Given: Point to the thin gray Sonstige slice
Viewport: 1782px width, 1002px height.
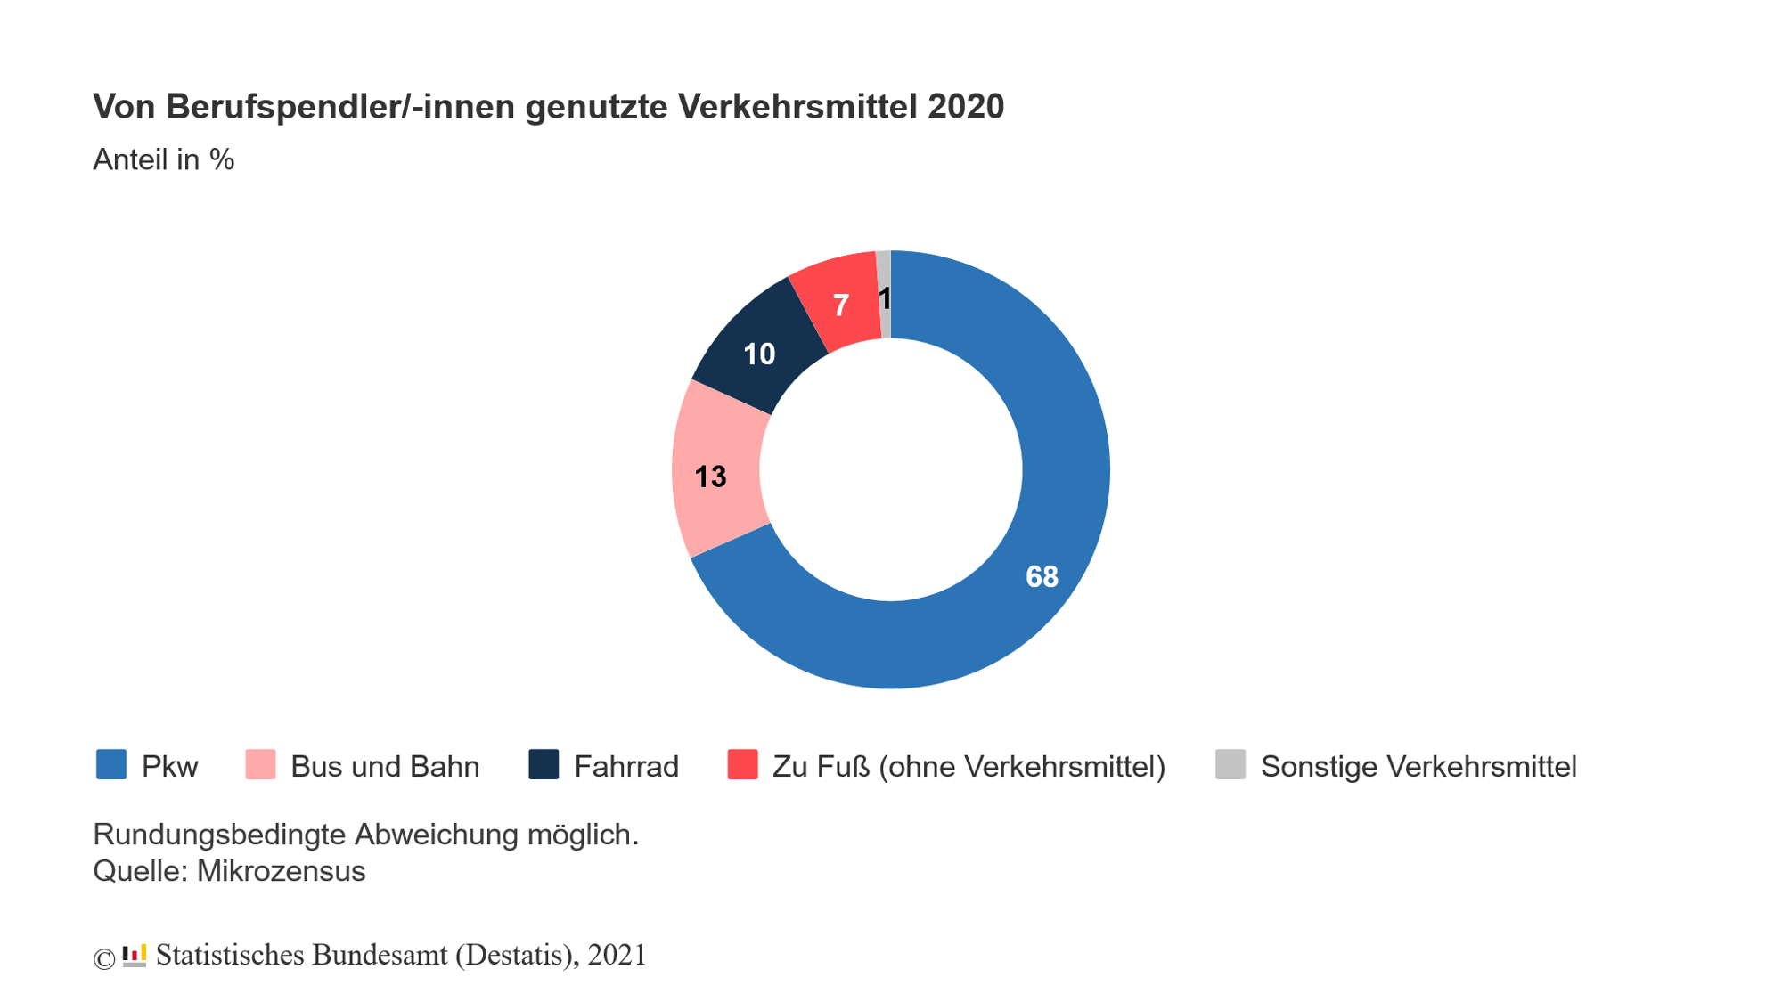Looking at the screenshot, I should tap(884, 267).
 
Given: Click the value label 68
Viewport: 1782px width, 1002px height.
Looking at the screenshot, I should tap(1042, 577).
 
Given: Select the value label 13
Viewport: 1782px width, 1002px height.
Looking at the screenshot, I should tap(710, 477).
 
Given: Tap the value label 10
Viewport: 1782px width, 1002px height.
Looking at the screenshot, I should tap(759, 354).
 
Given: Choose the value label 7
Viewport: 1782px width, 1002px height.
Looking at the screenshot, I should tap(840, 306).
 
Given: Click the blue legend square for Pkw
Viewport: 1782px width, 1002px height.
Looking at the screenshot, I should tap(111, 765).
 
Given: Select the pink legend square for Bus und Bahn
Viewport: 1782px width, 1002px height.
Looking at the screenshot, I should tap(260, 765).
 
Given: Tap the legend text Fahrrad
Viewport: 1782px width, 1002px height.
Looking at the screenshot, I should tap(625, 767).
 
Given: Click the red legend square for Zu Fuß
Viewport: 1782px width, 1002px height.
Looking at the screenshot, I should tap(742, 765).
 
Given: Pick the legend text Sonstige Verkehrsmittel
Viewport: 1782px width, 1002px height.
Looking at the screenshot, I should tap(1418, 767).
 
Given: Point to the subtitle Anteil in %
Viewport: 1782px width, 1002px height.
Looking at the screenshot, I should tap(164, 160).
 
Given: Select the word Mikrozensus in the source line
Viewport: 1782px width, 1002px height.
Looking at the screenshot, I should tap(281, 871).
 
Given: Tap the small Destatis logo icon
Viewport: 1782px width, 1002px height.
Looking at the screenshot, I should tap(135, 956).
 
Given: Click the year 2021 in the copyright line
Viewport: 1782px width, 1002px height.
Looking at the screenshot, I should tap(617, 955).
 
